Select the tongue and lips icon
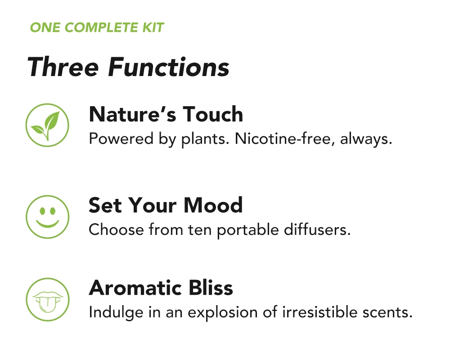(x=47, y=299)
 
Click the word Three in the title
(x=63, y=67)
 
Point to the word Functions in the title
(x=169, y=67)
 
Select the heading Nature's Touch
(x=166, y=114)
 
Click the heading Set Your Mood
(x=165, y=205)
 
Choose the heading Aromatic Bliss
(x=161, y=288)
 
